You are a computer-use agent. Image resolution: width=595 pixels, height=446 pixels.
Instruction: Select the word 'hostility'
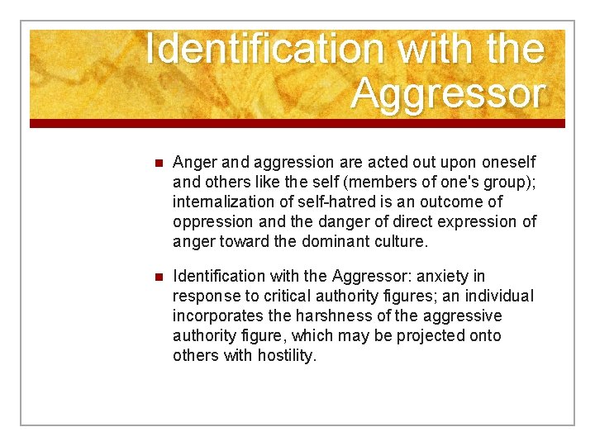(286, 356)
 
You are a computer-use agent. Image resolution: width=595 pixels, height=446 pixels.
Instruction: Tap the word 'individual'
(500, 297)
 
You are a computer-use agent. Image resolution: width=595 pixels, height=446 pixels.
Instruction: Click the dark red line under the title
(297, 124)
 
